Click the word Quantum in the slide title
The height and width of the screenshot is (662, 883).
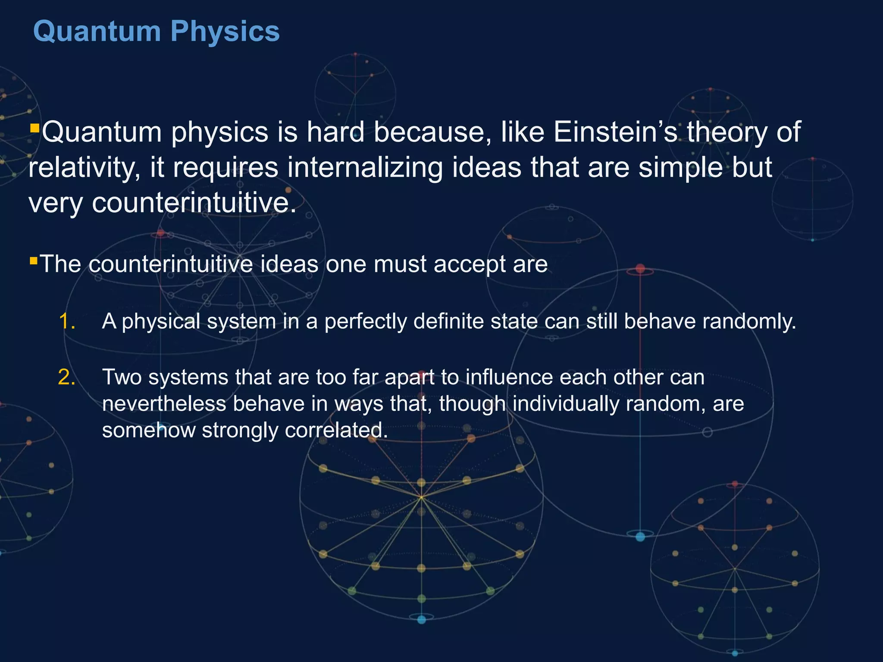pos(97,32)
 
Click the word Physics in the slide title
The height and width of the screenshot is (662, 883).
pos(225,32)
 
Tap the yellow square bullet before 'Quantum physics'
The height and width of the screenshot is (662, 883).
pos(35,128)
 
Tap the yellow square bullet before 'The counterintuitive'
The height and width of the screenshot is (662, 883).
pos(34,260)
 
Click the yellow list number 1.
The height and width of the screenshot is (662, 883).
pos(67,322)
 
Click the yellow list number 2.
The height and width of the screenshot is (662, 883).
pos(67,378)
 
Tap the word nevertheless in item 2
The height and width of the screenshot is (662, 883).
pos(164,404)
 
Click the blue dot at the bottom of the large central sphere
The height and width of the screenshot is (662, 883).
pos(422,620)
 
